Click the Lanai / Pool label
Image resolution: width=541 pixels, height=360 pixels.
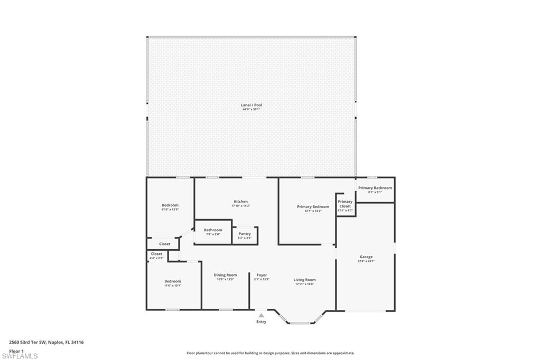pos(251,106)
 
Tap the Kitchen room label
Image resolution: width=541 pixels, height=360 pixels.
pos(240,202)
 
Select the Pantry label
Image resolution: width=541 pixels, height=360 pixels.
pos(245,234)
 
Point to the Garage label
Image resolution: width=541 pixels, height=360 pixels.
pos(366,257)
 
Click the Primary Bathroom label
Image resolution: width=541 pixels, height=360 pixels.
pos(375,188)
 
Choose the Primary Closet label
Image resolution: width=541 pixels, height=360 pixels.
pos(345,204)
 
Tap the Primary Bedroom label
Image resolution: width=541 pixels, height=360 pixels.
pos(313,207)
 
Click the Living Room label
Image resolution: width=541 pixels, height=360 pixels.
pos(305,280)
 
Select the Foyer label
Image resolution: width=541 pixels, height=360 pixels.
pos(262,275)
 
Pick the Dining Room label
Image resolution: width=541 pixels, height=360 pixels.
pos(225,275)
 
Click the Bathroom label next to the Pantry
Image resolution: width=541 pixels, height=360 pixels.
pos(213,230)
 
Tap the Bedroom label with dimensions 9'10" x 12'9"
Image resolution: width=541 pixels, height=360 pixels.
pos(170,205)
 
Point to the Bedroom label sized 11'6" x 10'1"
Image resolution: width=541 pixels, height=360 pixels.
pos(172,281)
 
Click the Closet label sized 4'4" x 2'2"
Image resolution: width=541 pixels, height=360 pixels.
pos(156,254)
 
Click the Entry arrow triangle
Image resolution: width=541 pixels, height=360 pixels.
pos(261,316)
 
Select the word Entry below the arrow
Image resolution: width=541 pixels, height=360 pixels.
pos(262,322)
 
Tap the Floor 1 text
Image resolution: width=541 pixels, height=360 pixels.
pos(16,350)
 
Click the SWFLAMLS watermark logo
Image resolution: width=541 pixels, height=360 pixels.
pos(20,356)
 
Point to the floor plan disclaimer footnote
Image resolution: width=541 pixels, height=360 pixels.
pos(270,353)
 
